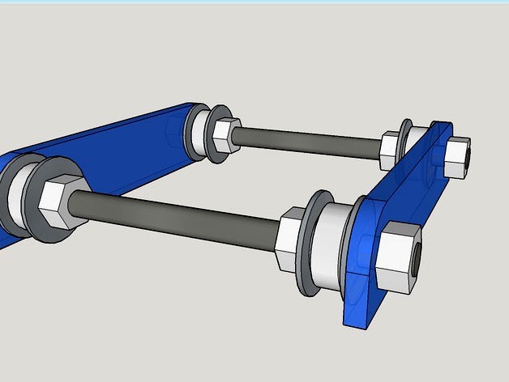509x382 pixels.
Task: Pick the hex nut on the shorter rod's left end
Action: click(x=225, y=133)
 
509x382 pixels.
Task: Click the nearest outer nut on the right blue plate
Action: click(x=399, y=257)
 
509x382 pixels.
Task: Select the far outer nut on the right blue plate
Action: click(x=457, y=156)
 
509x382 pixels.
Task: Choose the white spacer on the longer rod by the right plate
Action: click(x=331, y=243)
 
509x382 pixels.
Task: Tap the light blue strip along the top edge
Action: click(x=254, y=2)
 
